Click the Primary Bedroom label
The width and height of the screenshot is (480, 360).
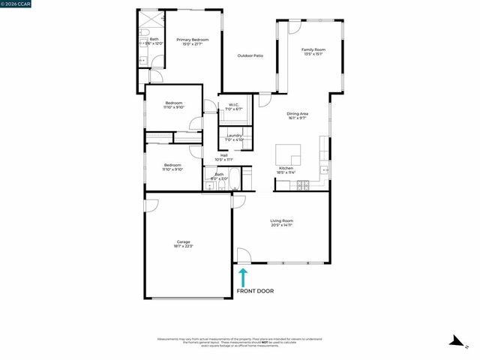[x=193, y=40]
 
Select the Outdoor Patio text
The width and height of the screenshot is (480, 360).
[x=250, y=56]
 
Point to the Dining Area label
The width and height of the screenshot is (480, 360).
[x=298, y=113]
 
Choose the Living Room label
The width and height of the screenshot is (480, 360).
[x=282, y=220]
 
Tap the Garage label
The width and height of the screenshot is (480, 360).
[x=184, y=241]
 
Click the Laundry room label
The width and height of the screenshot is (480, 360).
[x=234, y=136]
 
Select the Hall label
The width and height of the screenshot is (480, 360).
[x=223, y=155]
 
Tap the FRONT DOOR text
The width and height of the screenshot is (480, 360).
[x=255, y=291]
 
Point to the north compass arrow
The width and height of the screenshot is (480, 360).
[x=454, y=341]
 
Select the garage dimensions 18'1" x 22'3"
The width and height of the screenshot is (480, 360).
[x=184, y=246]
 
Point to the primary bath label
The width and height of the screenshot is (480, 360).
[x=154, y=39]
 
